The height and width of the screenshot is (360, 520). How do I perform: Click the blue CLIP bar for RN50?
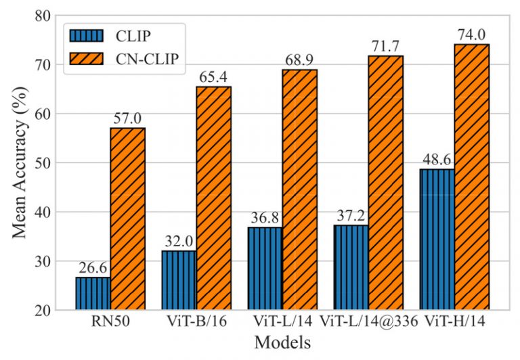92,293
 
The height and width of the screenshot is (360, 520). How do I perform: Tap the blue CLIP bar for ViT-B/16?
178,280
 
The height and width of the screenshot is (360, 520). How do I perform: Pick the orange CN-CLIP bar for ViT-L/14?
299,189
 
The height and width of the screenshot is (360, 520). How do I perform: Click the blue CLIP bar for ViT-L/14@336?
351,267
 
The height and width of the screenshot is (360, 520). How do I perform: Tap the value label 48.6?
437,159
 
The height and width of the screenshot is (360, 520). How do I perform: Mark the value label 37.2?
351,215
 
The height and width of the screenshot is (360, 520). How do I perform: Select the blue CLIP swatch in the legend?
85,33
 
